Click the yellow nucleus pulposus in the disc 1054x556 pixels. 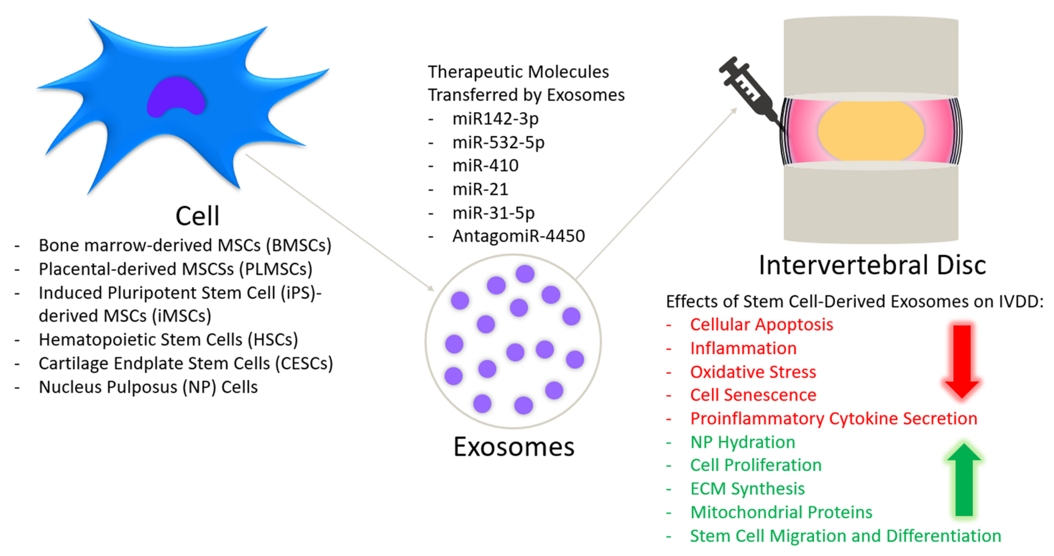click(871, 131)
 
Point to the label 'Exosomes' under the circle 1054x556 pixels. click(513, 446)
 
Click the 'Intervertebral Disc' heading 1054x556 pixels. click(872, 265)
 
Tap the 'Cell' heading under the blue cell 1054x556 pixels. click(197, 216)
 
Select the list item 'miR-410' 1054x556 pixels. click(485, 166)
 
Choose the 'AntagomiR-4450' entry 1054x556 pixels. click(518, 236)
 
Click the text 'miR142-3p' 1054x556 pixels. click(495, 119)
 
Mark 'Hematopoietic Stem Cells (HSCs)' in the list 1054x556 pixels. click(168, 340)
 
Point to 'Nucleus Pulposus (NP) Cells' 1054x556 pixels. click(148, 387)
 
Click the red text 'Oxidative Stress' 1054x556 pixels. click(753, 372)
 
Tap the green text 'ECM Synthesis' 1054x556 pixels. click(747, 489)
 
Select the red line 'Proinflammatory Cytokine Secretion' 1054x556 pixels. click(833, 419)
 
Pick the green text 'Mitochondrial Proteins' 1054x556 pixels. click(781, 512)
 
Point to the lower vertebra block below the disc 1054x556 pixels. click(871, 204)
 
